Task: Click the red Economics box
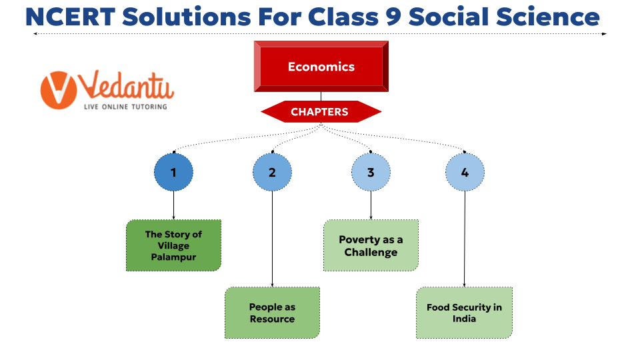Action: tap(321, 66)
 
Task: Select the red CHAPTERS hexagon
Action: tap(321, 111)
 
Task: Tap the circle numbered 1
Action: tap(173, 172)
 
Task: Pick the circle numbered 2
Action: tap(272, 172)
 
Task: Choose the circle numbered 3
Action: tap(371, 172)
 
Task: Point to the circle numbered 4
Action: tap(465, 172)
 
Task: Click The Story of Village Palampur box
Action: tap(173, 245)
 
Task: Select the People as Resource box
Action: tap(272, 313)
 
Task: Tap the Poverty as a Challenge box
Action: tap(371, 245)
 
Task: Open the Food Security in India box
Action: tap(464, 313)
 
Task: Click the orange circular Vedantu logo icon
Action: tap(59, 90)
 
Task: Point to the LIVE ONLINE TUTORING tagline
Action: tap(125, 107)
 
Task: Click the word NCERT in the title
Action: tap(70, 17)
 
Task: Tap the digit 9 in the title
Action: tap(393, 17)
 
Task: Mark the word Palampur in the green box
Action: tap(173, 257)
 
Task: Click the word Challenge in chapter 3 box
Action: tap(371, 253)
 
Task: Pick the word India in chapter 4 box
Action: tap(464, 319)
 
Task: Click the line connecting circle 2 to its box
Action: tap(272, 239)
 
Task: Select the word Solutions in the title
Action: tap(187, 17)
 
